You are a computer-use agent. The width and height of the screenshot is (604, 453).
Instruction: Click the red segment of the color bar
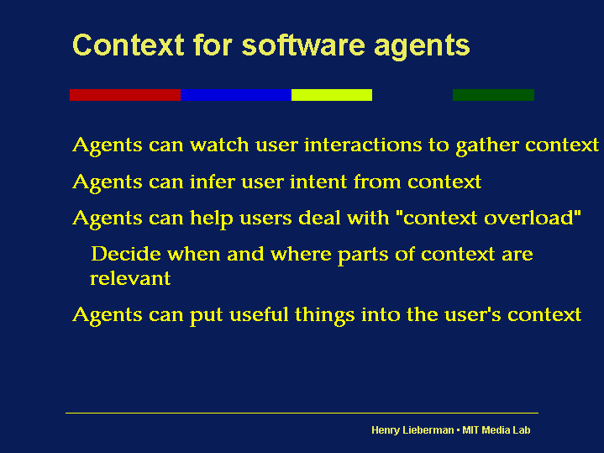[125, 95]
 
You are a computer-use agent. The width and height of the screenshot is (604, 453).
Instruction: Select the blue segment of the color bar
[236, 95]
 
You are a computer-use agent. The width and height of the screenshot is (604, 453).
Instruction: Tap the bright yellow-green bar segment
[332, 95]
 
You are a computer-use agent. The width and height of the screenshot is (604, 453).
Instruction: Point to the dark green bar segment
[493, 95]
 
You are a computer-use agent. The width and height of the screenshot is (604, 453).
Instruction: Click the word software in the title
[303, 45]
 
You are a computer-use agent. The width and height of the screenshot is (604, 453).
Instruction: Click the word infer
[213, 182]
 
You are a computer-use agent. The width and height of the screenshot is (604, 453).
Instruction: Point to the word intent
[318, 182]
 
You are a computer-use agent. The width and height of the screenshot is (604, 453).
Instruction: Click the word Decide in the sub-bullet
[126, 254]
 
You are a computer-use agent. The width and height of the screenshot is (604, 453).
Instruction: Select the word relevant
[130, 278]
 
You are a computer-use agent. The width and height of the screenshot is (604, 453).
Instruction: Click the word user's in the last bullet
[473, 314]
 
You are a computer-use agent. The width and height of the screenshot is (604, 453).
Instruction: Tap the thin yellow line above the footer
[302, 413]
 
